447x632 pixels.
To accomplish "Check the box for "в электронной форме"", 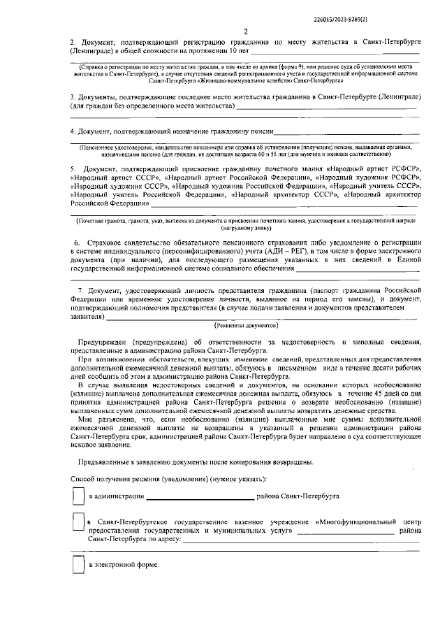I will point(79,564).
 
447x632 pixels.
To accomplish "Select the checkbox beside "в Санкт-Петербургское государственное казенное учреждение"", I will point(79,522).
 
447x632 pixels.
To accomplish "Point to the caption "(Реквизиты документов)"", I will point(246,326).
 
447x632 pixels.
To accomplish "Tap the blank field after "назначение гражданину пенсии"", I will point(346,132).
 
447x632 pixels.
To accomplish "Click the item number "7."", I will point(80,289).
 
